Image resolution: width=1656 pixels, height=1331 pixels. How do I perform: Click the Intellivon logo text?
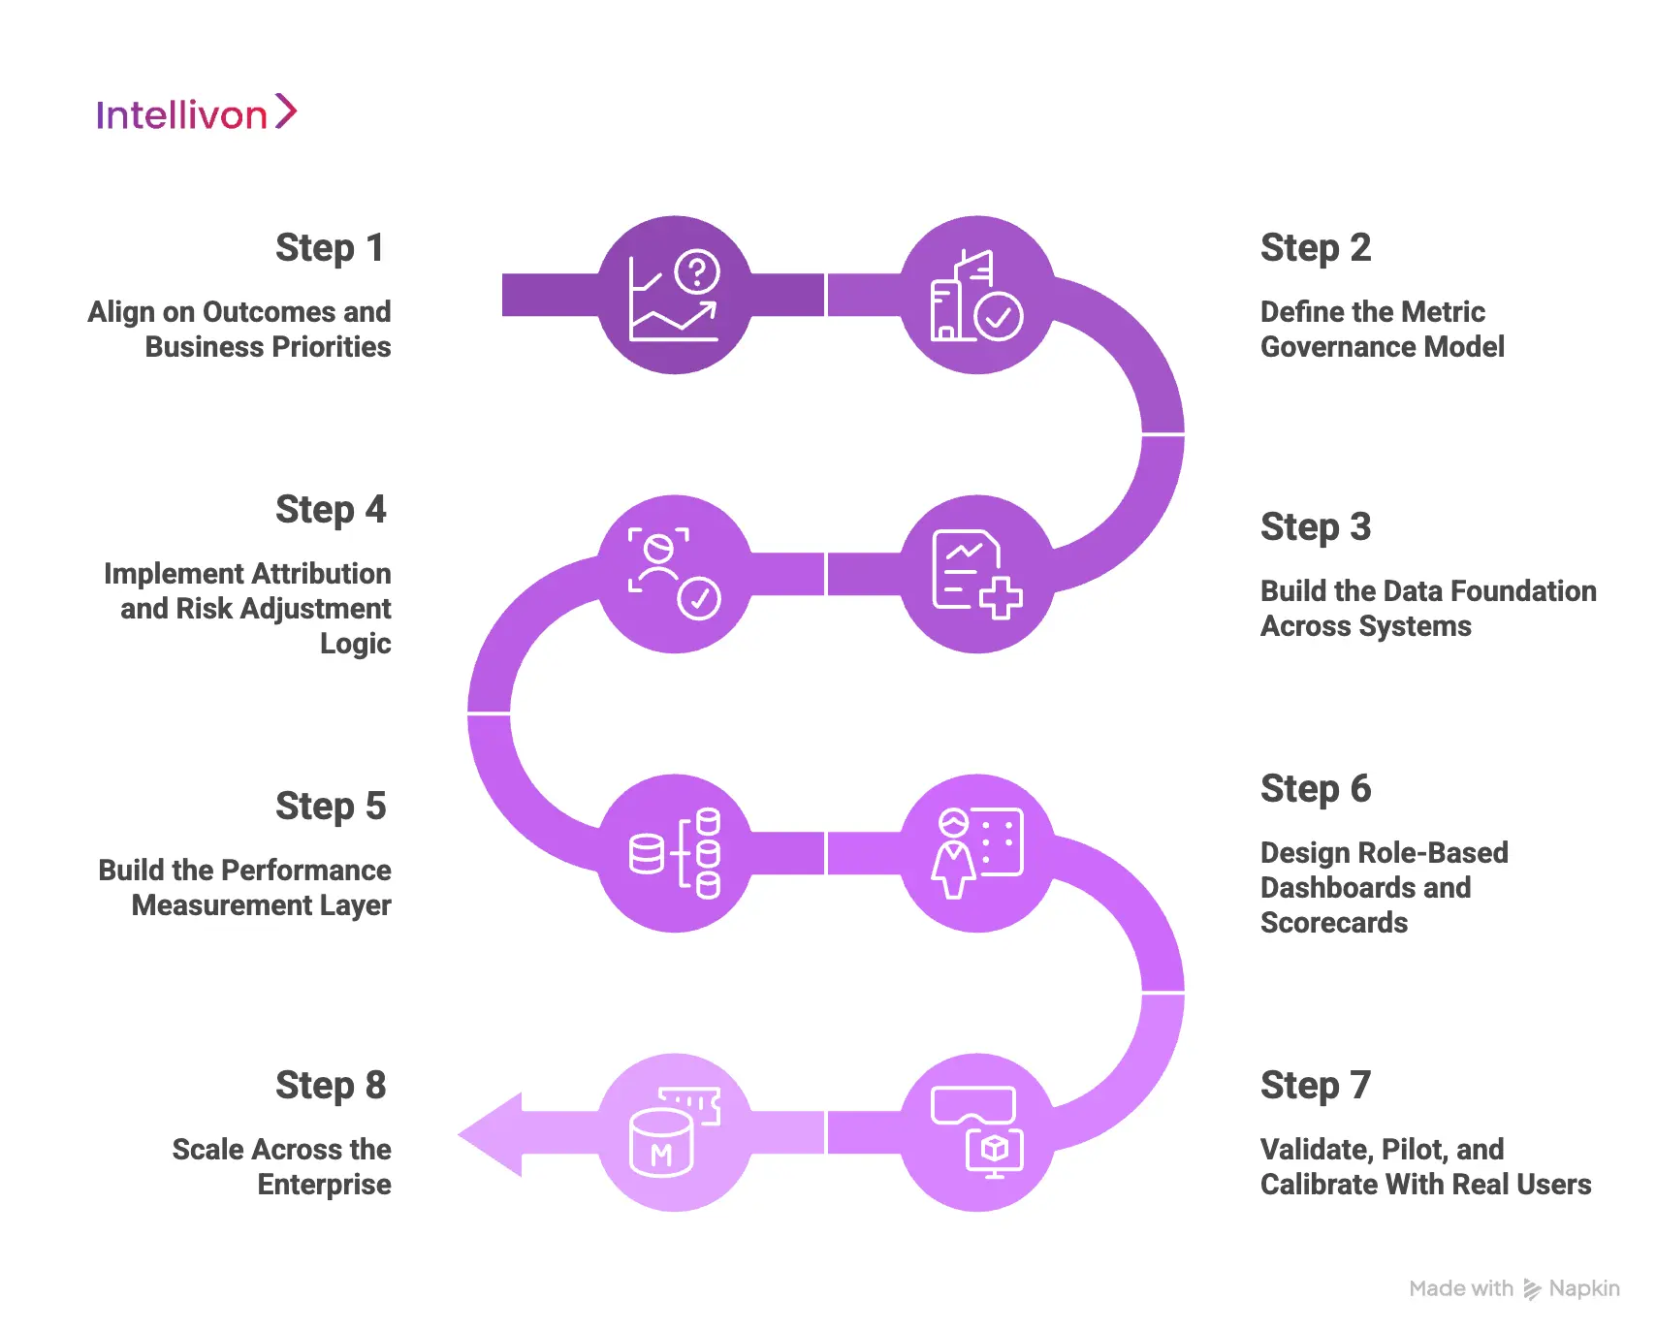click(x=181, y=115)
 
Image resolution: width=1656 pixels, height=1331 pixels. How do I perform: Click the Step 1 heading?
click(x=330, y=248)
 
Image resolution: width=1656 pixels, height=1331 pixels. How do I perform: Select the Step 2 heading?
click(x=1315, y=248)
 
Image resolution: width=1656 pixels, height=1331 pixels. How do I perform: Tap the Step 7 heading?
click(x=1315, y=1086)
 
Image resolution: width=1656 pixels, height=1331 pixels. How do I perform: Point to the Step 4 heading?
click(x=330, y=510)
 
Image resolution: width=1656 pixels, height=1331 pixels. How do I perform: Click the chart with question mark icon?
click(x=675, y=296)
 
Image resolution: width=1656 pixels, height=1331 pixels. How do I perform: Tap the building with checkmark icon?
click(x=976, y=296)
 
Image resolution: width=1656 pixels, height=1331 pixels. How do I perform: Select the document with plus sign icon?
click(x=976, y=574)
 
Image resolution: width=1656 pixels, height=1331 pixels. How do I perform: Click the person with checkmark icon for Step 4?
click(x=675, y=574)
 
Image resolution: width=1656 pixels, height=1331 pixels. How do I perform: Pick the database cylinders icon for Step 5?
click(x=675, y=853)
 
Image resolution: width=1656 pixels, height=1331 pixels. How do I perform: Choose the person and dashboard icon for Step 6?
click(x=976, y=853)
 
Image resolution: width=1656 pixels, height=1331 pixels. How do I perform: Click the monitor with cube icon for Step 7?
click(x=976, y=1132)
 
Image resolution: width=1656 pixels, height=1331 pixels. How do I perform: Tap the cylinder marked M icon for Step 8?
click(x=675, y=1132)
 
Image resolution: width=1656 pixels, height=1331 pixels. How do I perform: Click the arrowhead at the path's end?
click(x=493, y=1134)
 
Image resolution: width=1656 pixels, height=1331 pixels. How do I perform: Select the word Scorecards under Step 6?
click(x=1333, y=923)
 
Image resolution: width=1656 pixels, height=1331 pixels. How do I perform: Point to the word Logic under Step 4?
click(x=355, y=645)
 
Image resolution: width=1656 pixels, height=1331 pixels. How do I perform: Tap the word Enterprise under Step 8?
click(x=324, y=1185)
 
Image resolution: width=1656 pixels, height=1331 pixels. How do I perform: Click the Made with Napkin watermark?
click(x=1513, y=1288)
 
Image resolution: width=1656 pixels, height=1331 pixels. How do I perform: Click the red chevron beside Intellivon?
click(x=286, y=111)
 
